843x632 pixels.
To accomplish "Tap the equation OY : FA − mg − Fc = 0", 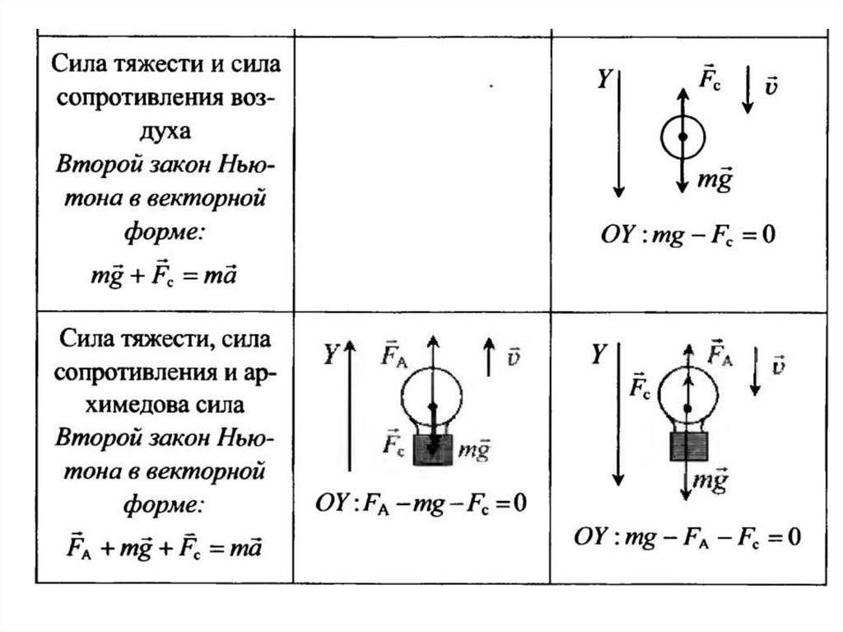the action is tap(421, 503).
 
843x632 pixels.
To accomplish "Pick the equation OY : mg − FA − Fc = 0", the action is tap(687, 537).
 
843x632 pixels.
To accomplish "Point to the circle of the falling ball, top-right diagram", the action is tap(682, 137).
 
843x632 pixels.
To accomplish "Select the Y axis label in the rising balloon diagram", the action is tap(330, 355).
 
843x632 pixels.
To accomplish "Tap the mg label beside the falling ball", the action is tap(714, 180).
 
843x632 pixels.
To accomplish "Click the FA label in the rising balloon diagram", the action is tap(393, 355).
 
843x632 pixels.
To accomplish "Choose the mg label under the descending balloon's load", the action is tap(710, 480).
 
